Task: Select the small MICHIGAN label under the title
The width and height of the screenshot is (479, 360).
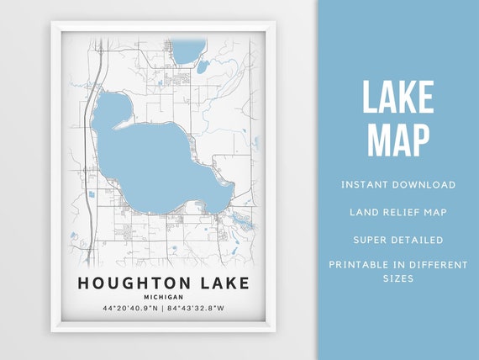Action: point(163,297)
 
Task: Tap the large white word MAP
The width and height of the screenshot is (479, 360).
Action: point(398,139)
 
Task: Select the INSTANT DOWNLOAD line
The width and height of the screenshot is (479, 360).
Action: point(398,184)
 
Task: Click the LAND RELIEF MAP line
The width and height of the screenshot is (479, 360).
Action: point(398,211)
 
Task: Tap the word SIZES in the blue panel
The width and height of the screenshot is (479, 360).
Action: point(398,278)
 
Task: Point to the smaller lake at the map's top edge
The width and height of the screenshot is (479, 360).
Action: point(188,51)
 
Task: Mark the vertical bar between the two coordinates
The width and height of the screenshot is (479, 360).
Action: point(163,309)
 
